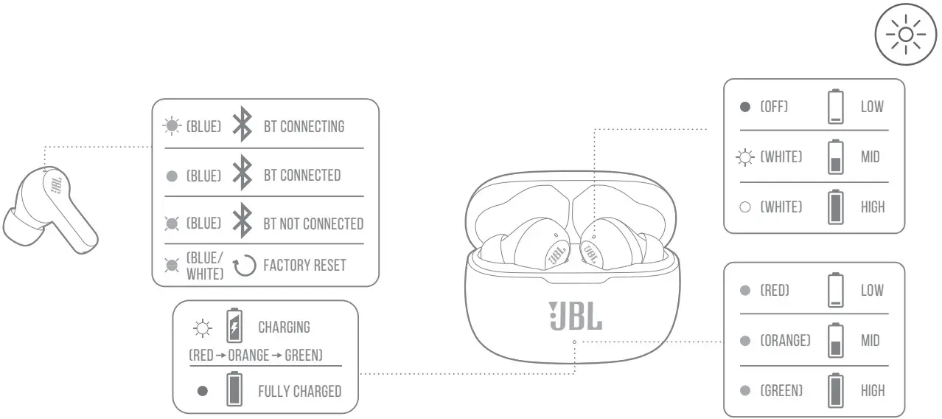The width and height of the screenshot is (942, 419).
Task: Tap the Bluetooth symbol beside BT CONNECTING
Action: coord(242,125)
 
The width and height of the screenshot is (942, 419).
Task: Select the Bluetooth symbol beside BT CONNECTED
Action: coord(242,175)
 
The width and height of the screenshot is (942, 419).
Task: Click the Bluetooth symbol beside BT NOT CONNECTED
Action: coord(242,223)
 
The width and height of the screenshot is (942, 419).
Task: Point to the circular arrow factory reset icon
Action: coord(244,265)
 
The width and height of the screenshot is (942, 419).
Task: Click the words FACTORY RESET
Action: coord(304,265)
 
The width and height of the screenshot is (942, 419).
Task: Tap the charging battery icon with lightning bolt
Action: coord(234,326)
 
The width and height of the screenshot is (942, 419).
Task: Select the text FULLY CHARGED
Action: coord(299,391)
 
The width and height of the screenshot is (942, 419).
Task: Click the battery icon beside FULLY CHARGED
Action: coord(234,389)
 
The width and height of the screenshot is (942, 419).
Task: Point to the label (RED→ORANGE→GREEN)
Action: coord(256,356)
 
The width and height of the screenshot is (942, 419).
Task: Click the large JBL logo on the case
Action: coord(575,315)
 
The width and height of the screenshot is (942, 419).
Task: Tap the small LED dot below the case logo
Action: coord(574,342)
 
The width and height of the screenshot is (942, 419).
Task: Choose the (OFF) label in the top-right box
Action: coord(774,107)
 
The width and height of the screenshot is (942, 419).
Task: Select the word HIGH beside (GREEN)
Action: coord(873,390)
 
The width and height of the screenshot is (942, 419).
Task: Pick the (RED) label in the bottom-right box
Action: coord(775,291)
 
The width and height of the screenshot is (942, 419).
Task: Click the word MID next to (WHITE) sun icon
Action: coord(871,157)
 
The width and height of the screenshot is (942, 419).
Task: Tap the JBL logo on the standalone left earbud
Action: coord(56,184)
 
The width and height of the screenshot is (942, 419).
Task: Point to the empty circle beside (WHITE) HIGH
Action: coord(745,207)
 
